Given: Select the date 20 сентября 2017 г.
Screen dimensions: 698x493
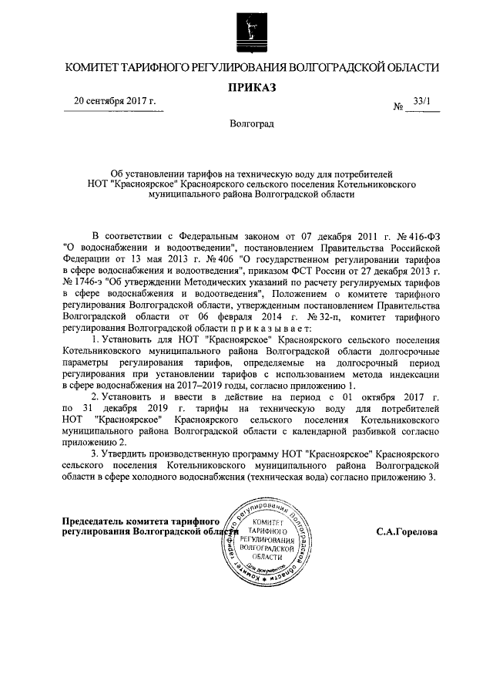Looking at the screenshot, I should (x=114, y=101).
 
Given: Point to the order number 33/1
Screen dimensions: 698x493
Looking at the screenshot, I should (x=422, y=101).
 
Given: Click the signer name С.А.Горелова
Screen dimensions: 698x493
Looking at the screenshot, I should (x=407, y=531).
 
